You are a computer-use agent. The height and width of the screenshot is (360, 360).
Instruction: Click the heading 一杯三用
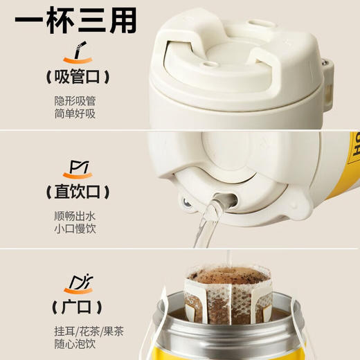(x=73, y=22)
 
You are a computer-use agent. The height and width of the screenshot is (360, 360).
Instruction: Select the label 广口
(x=73, y=305)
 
